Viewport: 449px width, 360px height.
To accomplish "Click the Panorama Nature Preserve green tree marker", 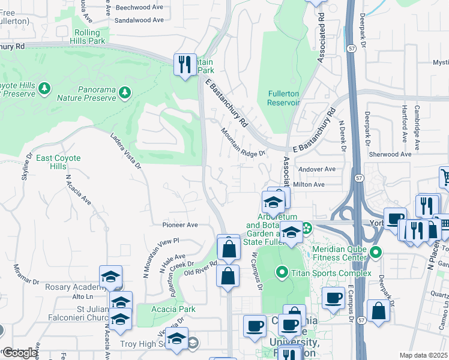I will [x=124, y=92].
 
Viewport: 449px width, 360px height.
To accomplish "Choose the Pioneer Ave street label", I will [x=179, y=225].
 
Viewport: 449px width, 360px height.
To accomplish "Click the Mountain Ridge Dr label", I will [x=243, y=142].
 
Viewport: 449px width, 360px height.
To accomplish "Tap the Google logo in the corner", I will [x=20, y=353].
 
